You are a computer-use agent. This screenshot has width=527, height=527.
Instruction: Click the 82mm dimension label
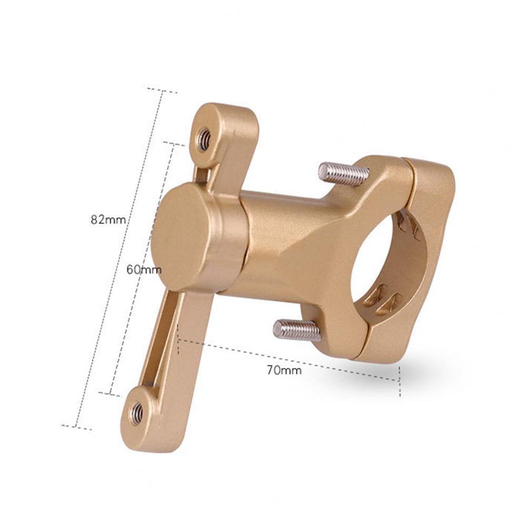tap(108, 220)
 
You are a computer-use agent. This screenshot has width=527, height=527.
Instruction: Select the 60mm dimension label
tap(144, 270)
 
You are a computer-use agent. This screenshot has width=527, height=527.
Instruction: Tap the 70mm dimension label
tap(284, 371)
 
